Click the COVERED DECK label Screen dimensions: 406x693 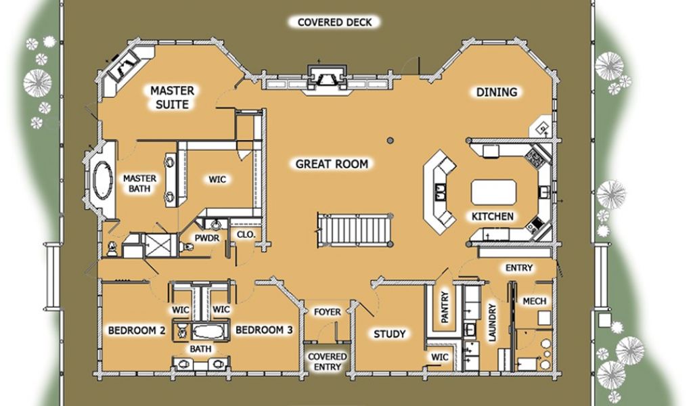tap(335, 22)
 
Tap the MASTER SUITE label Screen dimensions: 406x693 tap(172, 97)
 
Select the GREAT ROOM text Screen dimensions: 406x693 tap(332, 164)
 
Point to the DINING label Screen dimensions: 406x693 tap(497, 92)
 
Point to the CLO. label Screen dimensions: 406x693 tap(244, 235)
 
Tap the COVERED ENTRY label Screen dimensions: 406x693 tap(328, 361)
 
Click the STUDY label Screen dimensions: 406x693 tap(390, 334)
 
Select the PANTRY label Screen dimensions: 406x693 tap(445, 307)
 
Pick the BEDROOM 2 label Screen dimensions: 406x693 tap(137, 330)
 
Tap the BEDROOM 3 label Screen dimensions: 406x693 tap(264, 330)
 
